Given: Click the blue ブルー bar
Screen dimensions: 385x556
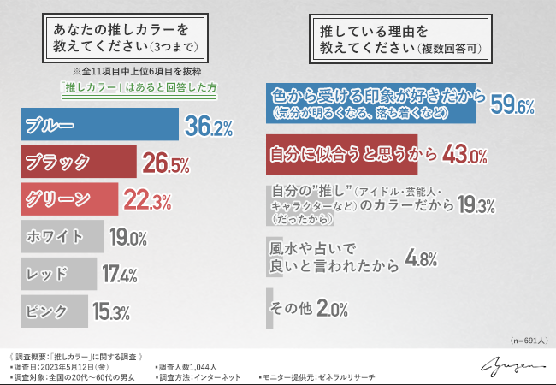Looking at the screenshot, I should point(99,126).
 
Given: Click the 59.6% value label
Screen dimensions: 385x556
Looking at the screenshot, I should point(512,106).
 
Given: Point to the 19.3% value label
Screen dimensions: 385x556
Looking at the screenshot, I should point(475,205).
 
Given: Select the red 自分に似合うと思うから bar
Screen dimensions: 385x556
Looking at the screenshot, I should point(342,154).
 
